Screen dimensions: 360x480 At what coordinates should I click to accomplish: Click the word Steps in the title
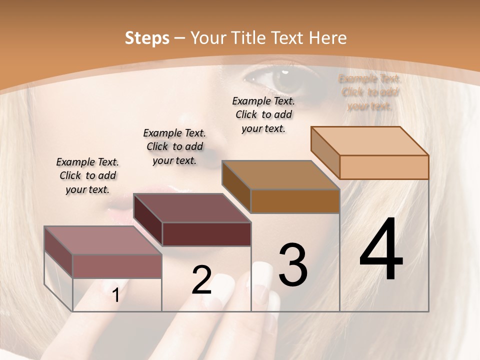pos(147,38)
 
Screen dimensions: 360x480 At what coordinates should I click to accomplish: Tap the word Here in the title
pos(327,38)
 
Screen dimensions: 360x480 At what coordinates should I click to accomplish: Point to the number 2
pos(201,280)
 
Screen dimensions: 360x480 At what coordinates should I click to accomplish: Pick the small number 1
pos(115,295)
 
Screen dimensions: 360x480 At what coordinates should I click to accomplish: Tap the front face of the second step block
pos(206,234)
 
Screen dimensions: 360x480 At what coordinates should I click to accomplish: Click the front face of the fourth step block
pos(384,167)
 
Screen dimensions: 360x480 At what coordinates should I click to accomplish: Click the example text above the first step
pos(87,175)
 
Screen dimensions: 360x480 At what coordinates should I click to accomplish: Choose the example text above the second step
pos(174,146)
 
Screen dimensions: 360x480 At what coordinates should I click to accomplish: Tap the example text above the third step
pos(263,114)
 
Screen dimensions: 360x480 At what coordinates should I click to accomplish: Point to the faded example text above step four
pos(370,92)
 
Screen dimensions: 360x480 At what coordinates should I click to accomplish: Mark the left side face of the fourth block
pos(325,151)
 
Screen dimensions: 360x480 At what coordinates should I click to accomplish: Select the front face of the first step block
pos(117,266)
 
